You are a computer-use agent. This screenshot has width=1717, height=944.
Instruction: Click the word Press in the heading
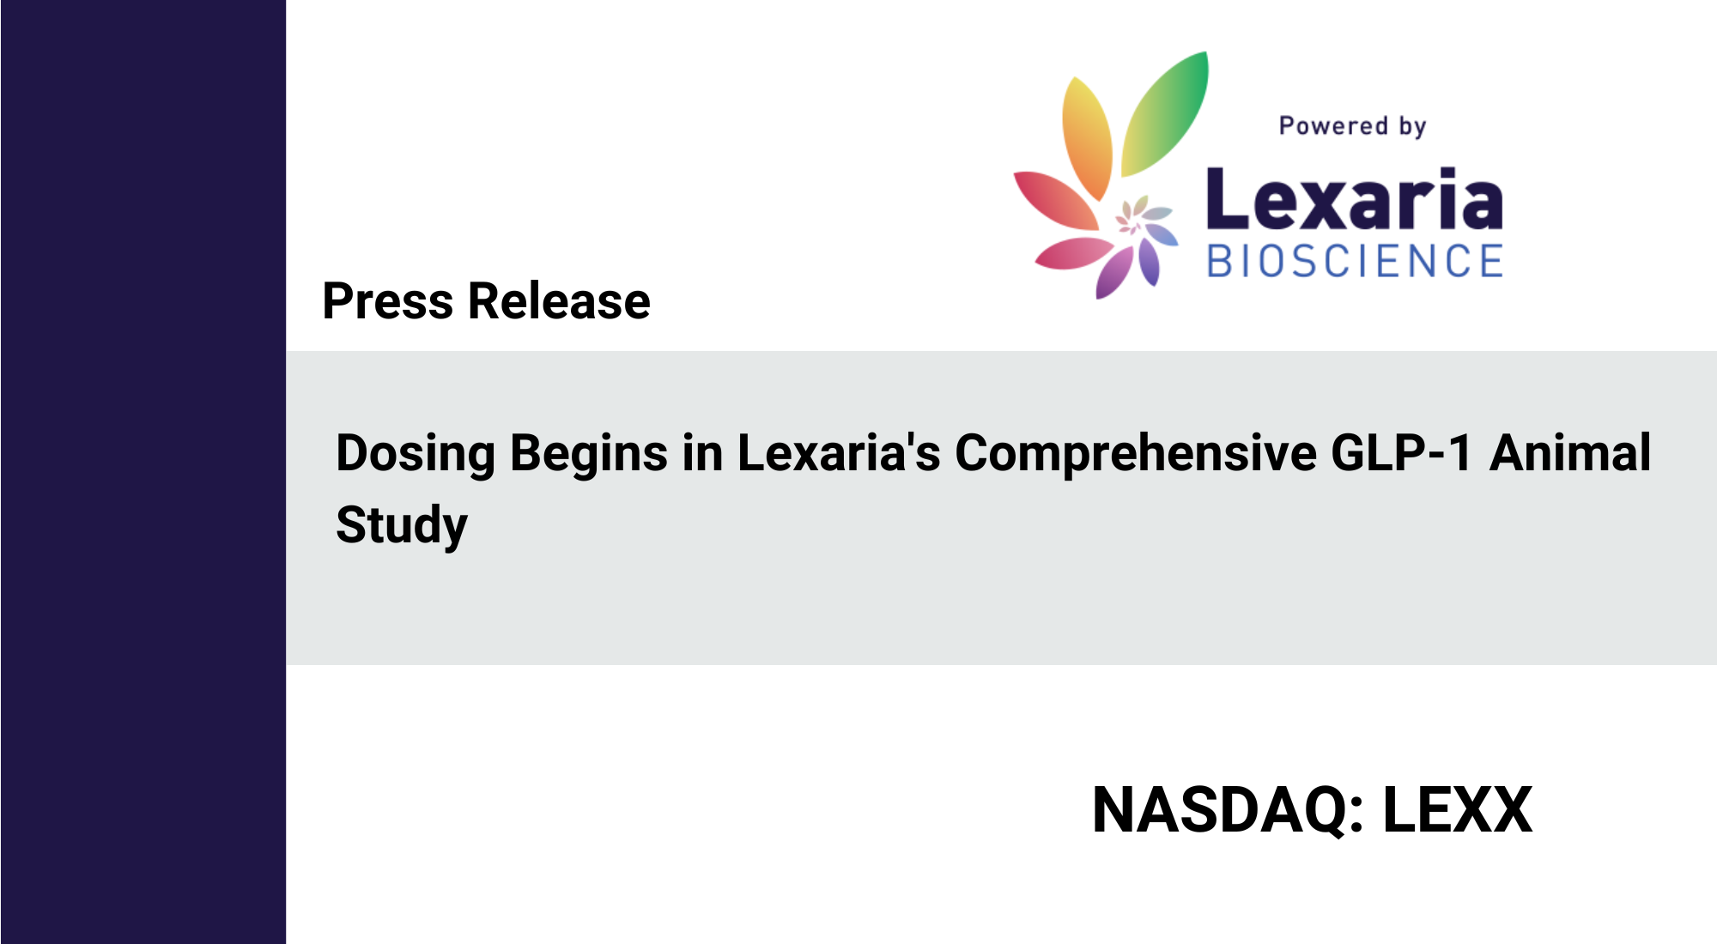pyautogui.click(x=388, y=301)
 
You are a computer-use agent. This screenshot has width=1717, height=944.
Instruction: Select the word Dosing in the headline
pyautogui.click(x=416, y=455)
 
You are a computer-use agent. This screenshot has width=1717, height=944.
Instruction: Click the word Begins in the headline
pyautogui.click(x=589, y=455)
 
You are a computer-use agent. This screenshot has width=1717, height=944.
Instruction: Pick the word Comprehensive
pyautogui.click(x=1136, y=455)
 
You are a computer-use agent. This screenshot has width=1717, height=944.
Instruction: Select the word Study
pyautogui.click(x=402, y=526)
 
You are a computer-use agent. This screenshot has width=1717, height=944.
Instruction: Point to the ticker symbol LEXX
pyautogui.click(x=1458, y=810)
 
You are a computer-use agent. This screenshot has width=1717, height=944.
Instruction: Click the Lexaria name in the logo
pyautogui.click(x=1355, y=199)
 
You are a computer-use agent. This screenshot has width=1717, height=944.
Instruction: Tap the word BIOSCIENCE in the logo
pyautogui.click(x=1355, y=261)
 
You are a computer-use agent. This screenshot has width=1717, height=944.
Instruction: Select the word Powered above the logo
pyautogui.click(x=1333, y=126)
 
